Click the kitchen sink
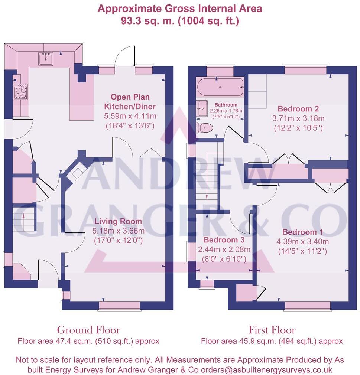point(46,58)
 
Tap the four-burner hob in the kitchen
point(20,91)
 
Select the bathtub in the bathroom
point(220,87)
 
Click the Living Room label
point(118,222)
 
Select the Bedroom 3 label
point(221,240)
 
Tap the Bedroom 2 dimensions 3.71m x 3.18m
point(298,118)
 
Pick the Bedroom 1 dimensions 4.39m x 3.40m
point(303,242)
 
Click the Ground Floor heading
point(88,330)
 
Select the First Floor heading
point(272,330)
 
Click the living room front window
point(119,305)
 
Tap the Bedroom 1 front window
point(307,305)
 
